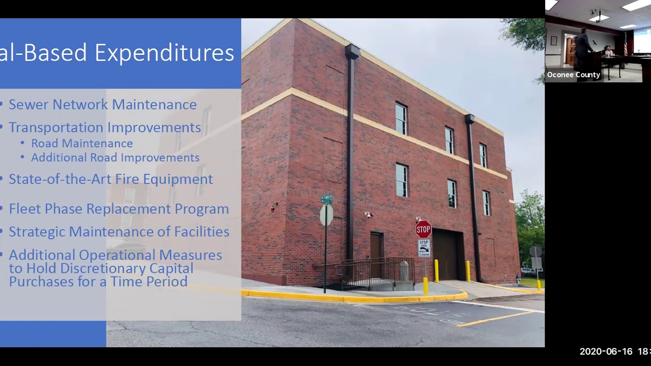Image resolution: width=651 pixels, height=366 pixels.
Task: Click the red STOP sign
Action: pos(423,229)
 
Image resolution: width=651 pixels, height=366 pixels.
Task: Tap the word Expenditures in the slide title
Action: pos(164,53)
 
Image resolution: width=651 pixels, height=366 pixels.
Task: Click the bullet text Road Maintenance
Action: pos(82,143)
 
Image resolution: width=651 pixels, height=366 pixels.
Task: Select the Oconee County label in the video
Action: pos(574,75)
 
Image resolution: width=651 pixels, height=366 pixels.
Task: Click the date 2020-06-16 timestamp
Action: pos(606,351)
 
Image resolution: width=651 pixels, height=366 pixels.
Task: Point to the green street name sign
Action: pos(327,199)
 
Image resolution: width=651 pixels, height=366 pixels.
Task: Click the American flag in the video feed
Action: pos(626,45)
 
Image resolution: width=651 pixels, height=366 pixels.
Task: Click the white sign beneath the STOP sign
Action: pos(424,248)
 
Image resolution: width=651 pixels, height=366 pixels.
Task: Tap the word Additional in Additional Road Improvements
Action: pos(59,158)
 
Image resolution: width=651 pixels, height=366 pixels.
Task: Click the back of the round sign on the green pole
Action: pos(326,215)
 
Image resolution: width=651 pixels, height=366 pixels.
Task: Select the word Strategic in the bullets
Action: pos(37,231)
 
